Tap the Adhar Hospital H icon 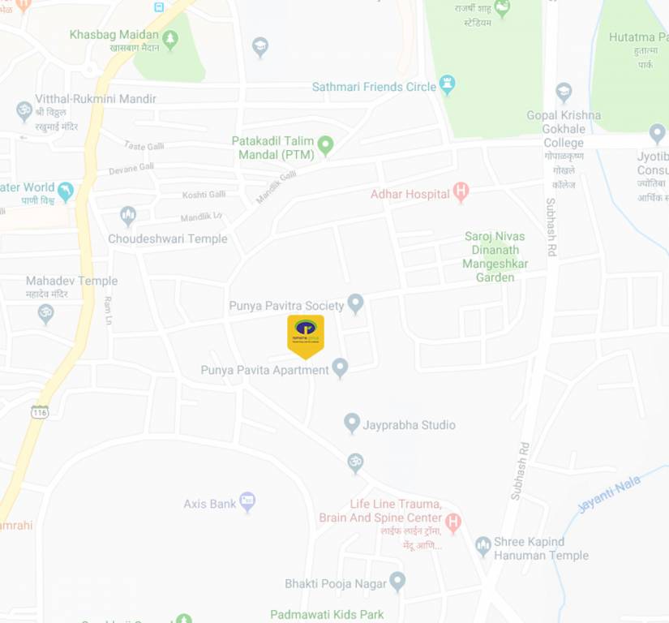(x=461, y=192)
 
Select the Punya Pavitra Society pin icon (x=355, y=304)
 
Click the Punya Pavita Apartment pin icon (x=341, y=368)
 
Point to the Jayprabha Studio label (x=410, y=425)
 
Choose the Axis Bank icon (x=247, y=502)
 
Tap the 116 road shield (x=40, y=412)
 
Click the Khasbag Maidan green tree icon (x=170, y=39)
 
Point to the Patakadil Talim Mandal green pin (x=325, y=146)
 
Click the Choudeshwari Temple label (x=168, y=239)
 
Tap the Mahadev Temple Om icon (x=46, y=312)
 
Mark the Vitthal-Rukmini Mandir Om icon (x=24, y=111)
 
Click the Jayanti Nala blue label (x=609, y=494)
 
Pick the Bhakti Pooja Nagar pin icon (x=397, y=582)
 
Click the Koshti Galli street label (x=204, y=195)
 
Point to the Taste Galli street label (x=144, y=146)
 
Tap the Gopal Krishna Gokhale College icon (x=564, y=91)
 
